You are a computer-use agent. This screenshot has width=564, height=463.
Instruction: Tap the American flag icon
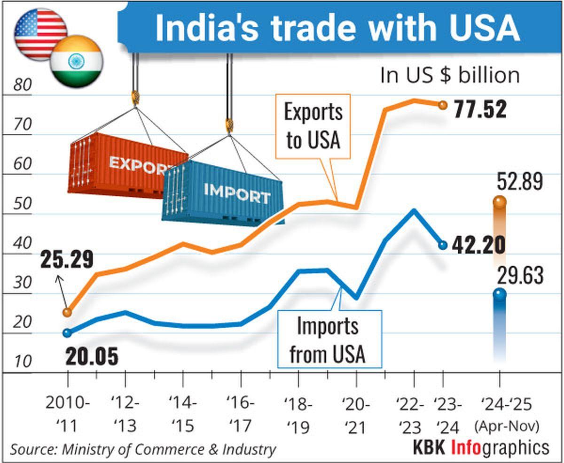pyautogui.click(x=39, y=33)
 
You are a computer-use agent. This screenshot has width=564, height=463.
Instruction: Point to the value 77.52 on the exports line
pyautogui.click(x=480, y=110)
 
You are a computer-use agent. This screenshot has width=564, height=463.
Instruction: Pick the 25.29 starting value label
pyautogui.click(x=67, y=260)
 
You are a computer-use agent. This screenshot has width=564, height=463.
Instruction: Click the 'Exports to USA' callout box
pyautogui.click(x=313, y=126)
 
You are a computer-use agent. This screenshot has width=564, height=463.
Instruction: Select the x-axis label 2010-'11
pyautogui.click(x=68, y=414)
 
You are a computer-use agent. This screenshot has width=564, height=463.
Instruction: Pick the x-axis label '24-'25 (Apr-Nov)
pyautogui.click(x=506, y=414)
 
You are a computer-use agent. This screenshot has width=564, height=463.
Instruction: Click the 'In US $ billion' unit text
pyautogui.click(x=450, y=76)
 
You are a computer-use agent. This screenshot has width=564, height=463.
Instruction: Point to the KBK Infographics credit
pyautogui.click(x=480, y=448)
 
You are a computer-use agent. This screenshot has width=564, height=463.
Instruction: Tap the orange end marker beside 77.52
pyautogui.click(x=442, y=105)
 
